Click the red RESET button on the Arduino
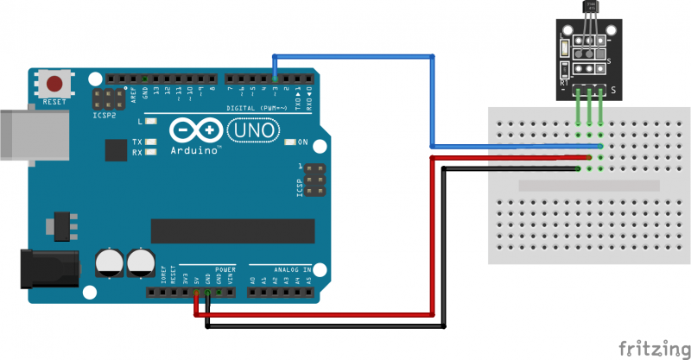(56, 85)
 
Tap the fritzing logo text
(654, 347)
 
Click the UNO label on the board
(254, 130)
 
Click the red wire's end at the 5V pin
(197, 294)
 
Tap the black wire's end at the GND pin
(208, 294)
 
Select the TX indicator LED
(152, 142)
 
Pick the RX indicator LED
(152, 153)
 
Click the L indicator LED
(152, 122)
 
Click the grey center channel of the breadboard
(588, 185)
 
